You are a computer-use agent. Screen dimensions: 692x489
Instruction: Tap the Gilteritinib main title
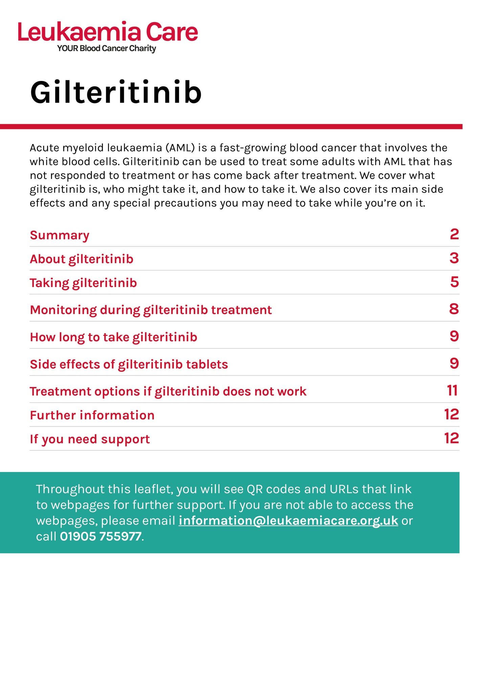(116, 92)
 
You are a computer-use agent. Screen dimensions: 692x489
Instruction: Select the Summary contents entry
(60, 235)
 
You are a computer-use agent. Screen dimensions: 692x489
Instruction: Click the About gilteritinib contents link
(82, 259)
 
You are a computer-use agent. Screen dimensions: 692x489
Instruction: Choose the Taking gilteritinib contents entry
(83, 283)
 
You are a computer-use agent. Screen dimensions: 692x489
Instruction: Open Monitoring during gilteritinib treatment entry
(151, 310)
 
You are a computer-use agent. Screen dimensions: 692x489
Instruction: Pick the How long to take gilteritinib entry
(113, 337)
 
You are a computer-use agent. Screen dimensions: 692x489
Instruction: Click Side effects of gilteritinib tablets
(129, 364)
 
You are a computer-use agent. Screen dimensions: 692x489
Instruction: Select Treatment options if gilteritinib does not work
(168, 391)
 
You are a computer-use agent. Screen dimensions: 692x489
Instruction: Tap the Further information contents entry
(92, 415)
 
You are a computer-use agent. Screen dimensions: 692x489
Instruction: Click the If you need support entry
(90, 439)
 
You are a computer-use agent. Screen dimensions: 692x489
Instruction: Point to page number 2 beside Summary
(454, 234)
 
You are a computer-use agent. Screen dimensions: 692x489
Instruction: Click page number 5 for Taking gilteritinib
(454, 282)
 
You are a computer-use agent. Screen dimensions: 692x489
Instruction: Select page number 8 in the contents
(454, 309)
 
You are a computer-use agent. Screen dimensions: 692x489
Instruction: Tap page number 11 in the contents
(452, 391)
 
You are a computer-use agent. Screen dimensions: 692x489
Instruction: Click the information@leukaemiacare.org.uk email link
(288, 521)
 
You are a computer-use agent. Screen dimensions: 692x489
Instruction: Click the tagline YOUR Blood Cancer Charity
(107, 48)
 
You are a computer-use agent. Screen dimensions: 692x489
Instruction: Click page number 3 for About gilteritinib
(454, 258)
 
